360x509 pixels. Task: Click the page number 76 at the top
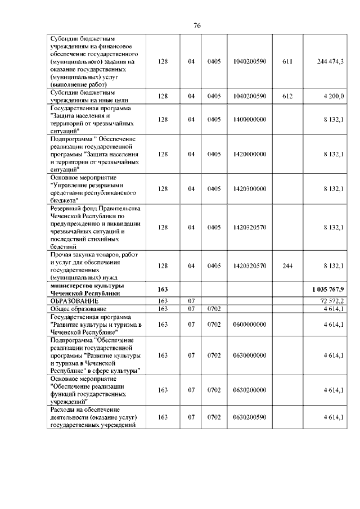tap(181, 25)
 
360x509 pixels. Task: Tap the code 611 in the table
tap(287, 61)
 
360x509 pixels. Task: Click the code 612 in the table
tap(287, 96)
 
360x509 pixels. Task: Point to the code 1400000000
tap(249, 119)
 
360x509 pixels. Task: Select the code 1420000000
tap(249, 154)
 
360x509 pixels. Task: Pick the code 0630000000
tap(249, 355)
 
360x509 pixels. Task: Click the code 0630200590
tap(249, 417)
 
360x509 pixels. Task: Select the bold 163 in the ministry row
tap(163, 289)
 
